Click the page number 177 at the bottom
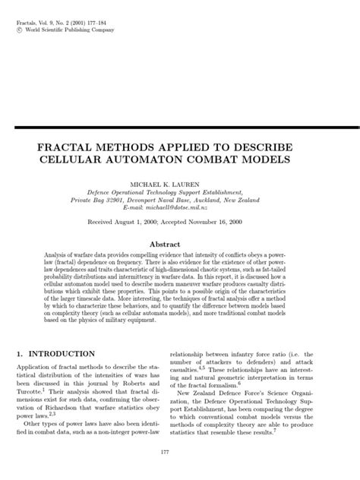click(x=179, y=453)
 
